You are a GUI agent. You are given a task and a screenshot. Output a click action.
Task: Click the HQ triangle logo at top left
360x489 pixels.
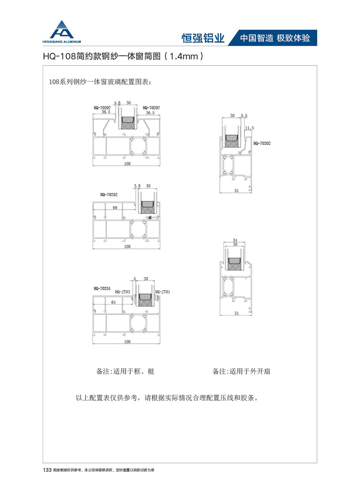(62, 29)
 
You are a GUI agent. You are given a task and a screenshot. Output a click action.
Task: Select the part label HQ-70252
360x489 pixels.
(109, 195)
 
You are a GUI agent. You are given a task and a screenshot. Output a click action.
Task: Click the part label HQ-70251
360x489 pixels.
(102, 288)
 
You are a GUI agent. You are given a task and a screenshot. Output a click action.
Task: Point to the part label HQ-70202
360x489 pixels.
(262, 143)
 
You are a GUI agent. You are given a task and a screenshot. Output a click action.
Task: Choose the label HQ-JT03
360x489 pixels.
(123, 292)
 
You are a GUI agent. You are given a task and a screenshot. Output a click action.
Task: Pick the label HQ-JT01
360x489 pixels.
(163, 292)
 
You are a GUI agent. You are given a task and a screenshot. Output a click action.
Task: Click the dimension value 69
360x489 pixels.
(115, 208)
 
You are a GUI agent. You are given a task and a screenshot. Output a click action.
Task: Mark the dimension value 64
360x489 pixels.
(113, 302)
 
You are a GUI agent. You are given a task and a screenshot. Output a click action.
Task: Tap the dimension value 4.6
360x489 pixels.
(117, 103)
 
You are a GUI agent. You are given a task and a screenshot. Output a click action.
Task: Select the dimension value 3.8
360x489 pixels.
(137, 186)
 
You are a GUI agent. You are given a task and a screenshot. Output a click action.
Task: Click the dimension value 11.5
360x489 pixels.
(250, 128)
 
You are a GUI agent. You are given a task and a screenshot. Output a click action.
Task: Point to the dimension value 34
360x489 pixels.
(235, 240)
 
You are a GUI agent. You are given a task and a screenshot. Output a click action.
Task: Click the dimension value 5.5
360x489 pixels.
(244, 115)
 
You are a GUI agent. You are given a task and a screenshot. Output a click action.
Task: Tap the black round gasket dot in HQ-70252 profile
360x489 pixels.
(150, 218)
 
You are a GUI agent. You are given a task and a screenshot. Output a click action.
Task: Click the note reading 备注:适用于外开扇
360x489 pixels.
(242, 371)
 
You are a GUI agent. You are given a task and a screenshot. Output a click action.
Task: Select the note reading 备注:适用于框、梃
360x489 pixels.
(125, 371)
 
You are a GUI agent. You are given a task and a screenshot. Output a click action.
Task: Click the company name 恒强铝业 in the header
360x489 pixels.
(203, 38)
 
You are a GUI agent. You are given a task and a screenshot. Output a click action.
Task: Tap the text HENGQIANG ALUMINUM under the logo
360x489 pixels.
(62, 42)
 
